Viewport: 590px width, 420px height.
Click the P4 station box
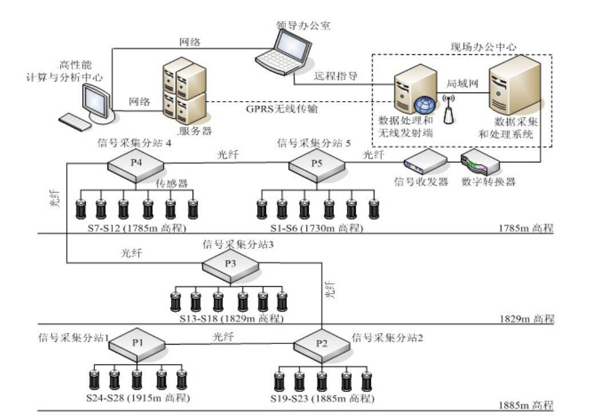pos(136,164)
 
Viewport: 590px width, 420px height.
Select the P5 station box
pos(317,164)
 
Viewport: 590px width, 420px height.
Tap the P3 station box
pos(231,265)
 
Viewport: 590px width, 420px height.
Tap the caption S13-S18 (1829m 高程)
pos(229,318)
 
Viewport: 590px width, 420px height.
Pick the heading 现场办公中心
pos(479,46)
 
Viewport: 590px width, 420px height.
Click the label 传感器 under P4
pos(172,184)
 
